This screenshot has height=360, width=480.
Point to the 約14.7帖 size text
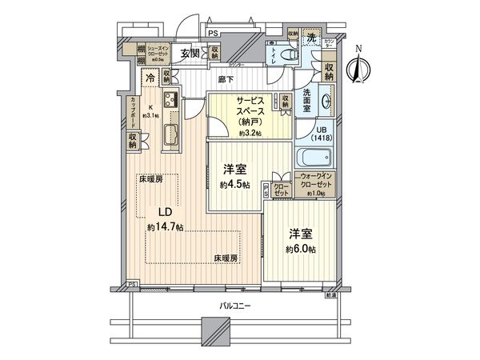click(x=165, y=227)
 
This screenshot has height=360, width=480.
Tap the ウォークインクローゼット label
click(x=315, y=185)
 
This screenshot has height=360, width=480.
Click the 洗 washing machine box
click(x=313, y=39)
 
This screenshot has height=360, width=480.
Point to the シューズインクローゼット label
click(x=150, y=50)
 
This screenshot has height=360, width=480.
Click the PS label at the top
click(x=212, y=33)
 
